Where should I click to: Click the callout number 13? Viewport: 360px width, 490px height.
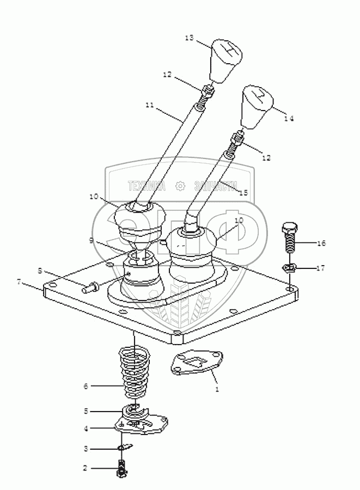click(189, 38)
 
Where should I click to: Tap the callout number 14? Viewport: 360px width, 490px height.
click(289, 118)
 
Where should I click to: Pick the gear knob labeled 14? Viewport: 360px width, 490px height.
click(258, 106)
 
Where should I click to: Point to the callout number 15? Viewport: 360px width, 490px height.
click(243, 193)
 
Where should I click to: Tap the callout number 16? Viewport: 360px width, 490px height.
click(321, 243)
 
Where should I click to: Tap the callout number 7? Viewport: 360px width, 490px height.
click(19, 282)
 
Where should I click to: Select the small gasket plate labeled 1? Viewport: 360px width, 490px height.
click(198, 364)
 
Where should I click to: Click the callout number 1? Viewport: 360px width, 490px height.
click(217, 390)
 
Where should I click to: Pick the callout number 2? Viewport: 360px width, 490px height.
click(85, 468)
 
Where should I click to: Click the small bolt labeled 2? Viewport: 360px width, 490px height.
click(120, 468)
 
